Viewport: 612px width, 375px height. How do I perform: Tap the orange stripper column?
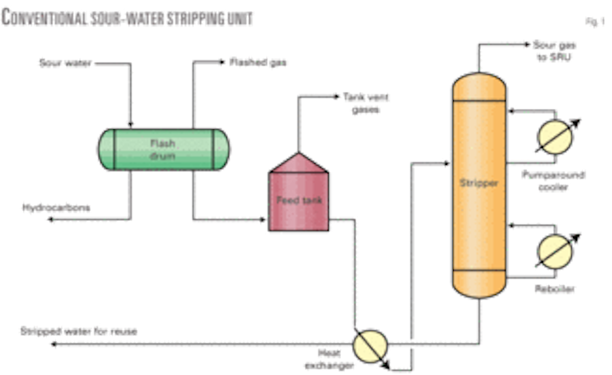479,183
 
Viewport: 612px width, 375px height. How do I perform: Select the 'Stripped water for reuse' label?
93,331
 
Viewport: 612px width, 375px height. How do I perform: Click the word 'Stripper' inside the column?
479,182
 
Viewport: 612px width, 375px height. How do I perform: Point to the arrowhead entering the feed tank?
261,220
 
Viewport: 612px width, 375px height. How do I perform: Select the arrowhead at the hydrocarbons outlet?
49,220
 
